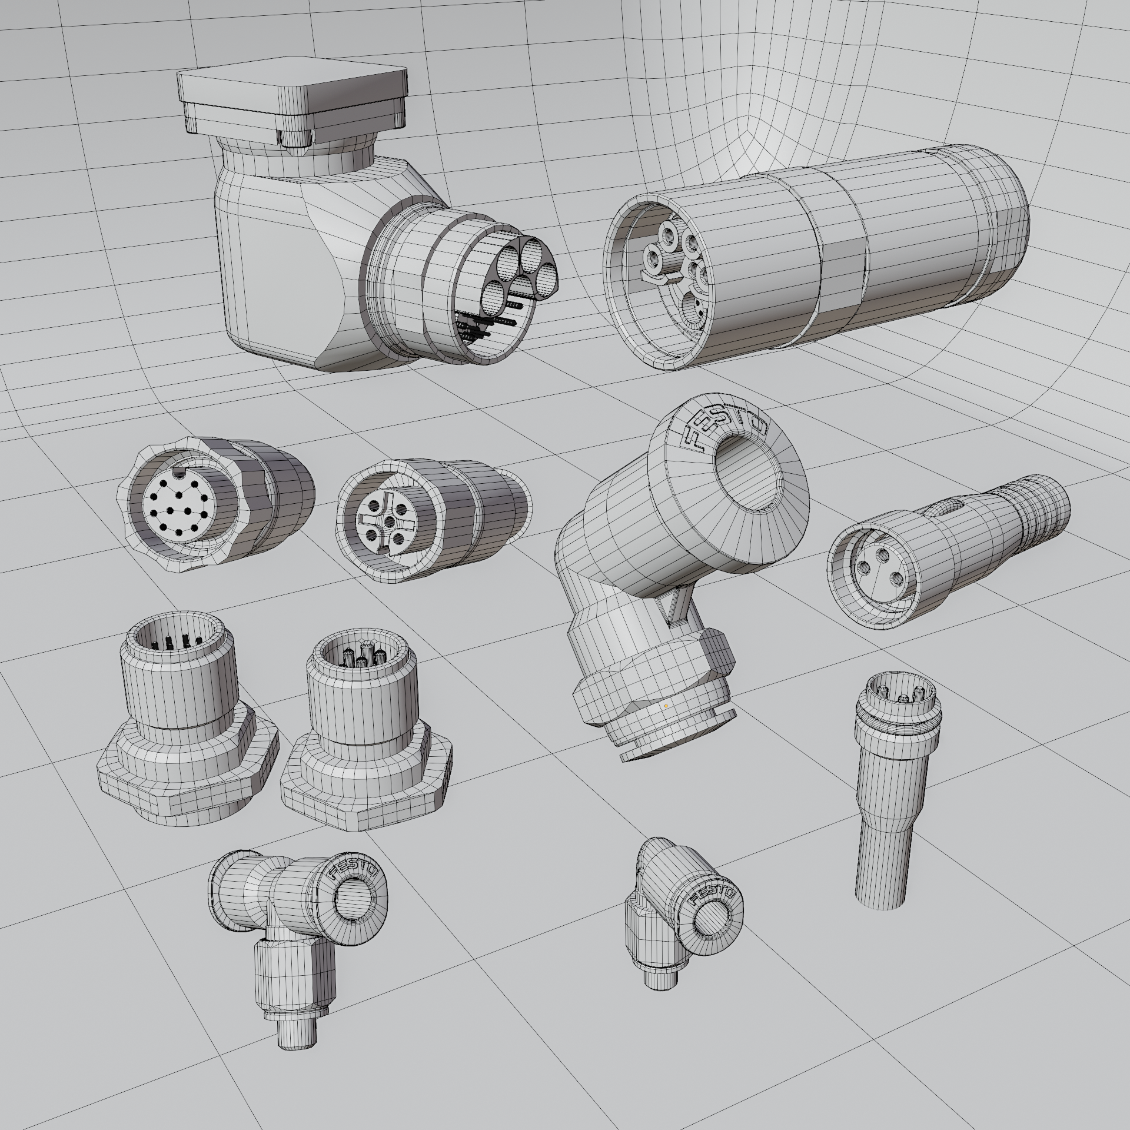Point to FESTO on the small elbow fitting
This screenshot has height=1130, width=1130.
(712, 896)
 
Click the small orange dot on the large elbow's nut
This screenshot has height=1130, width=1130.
(666, 704)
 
